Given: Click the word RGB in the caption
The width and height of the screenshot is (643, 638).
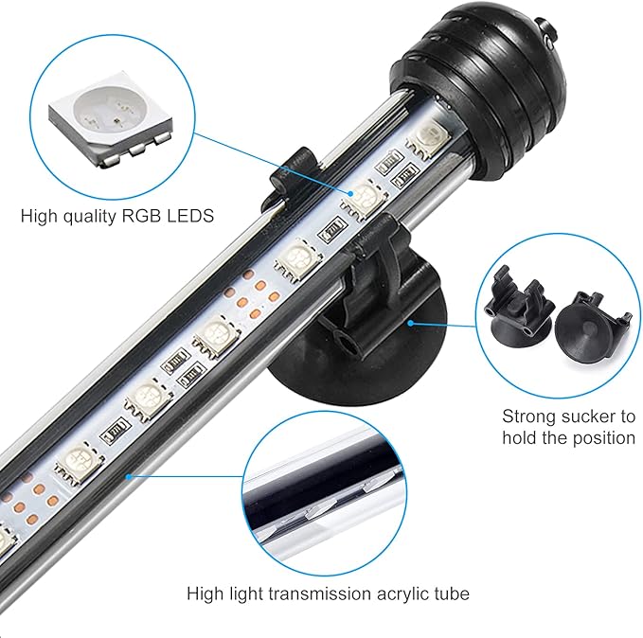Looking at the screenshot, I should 138,216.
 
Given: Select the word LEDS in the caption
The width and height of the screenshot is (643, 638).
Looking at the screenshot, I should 188,216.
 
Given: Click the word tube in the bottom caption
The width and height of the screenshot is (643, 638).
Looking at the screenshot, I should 449,594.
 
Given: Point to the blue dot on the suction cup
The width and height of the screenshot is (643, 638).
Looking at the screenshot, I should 411,322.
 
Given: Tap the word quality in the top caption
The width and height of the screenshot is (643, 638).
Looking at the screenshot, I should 88,216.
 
